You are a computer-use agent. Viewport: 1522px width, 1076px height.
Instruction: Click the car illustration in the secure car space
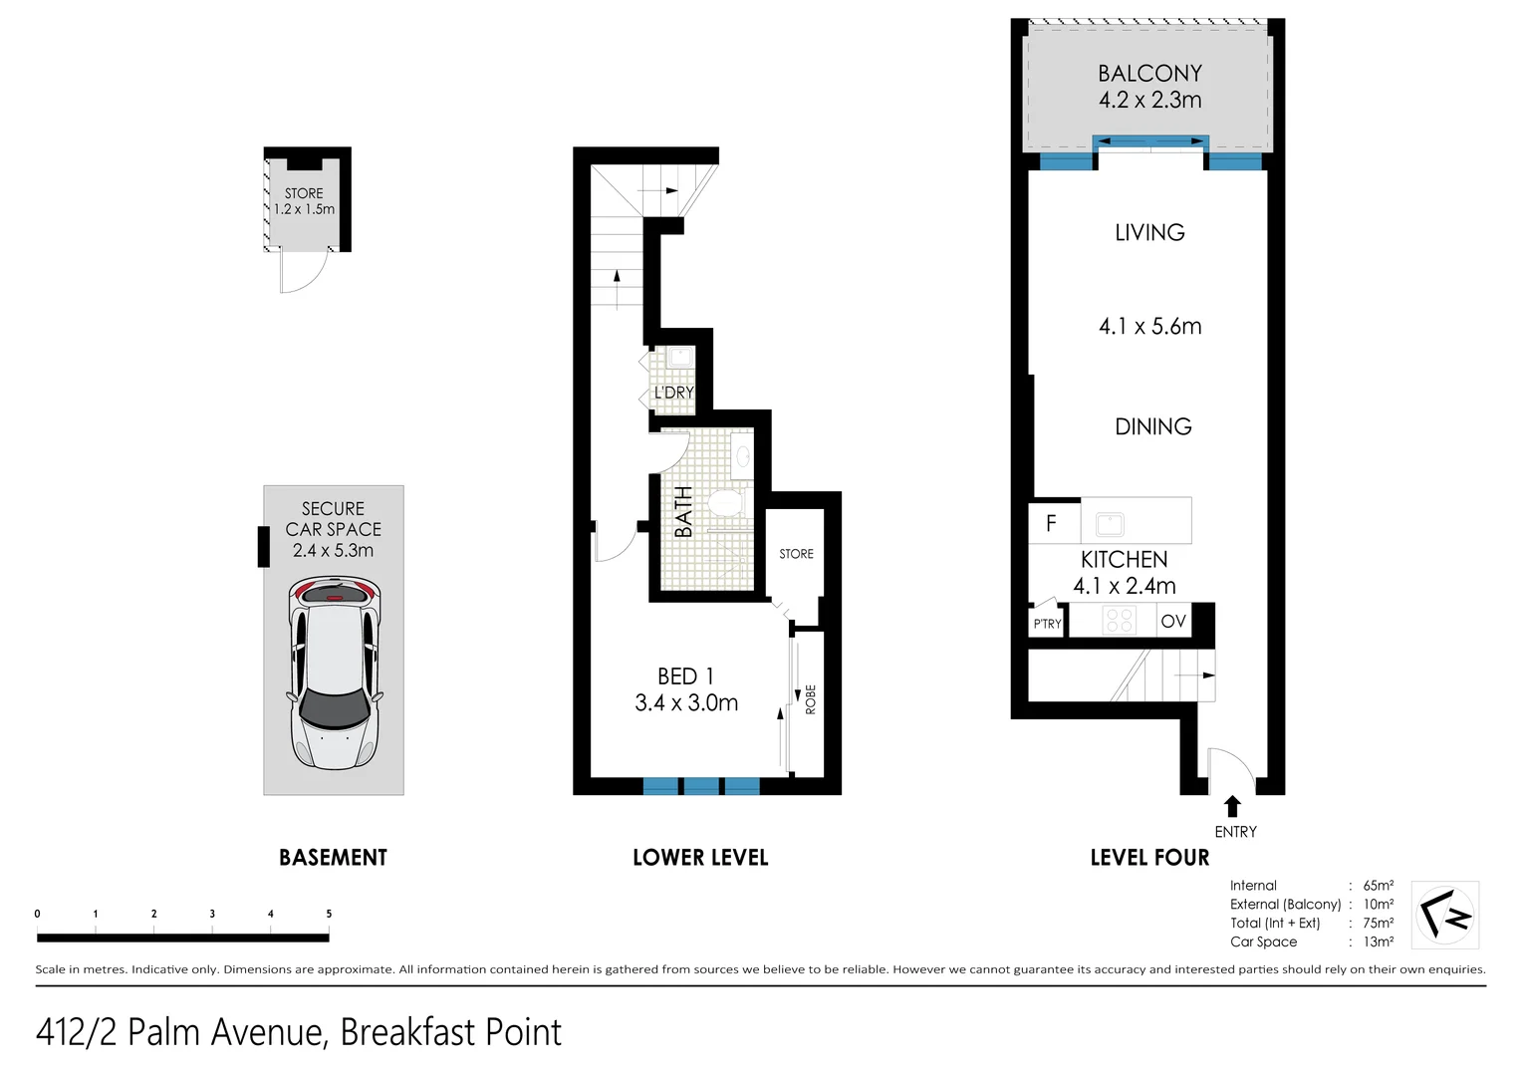334,673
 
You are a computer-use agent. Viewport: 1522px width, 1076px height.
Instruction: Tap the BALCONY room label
1149,74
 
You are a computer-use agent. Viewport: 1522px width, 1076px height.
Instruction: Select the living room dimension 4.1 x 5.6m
1149,327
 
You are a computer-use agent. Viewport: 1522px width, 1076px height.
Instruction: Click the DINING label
1152,427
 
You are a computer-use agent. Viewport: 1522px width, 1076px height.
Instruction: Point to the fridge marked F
1052,523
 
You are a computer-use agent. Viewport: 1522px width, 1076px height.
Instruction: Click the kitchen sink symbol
1110,524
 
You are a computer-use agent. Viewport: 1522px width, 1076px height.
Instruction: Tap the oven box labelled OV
1173,622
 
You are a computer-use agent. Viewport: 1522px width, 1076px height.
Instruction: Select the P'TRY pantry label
1047,624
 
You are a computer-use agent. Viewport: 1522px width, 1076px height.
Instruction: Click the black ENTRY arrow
1232,806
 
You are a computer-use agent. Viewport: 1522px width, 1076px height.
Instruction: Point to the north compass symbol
1445,915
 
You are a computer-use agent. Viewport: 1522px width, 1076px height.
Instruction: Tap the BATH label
683,512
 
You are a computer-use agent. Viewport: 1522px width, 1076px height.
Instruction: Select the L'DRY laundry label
673,393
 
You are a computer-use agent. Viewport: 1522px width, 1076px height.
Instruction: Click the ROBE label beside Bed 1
811,698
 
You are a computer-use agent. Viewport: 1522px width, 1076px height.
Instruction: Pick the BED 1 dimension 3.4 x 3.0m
686,703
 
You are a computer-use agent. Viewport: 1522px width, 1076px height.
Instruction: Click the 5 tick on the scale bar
329,914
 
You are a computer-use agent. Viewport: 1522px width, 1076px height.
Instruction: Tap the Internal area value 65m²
1378,886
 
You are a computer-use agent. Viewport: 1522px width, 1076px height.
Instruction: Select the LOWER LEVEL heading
700,858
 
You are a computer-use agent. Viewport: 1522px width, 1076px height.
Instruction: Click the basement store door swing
304,272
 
